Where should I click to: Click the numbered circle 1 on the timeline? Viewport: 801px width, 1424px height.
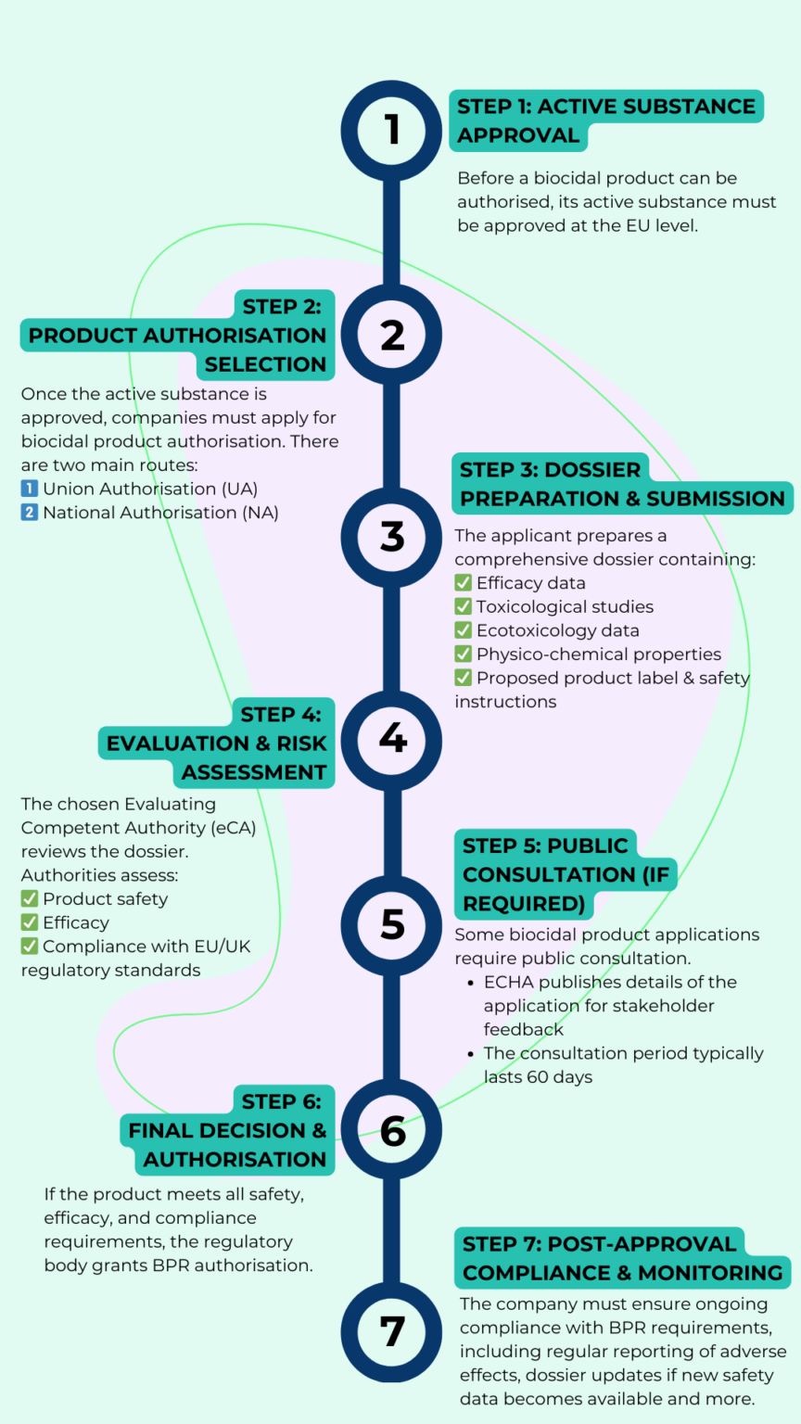pyautogui.click(x=391, y=130)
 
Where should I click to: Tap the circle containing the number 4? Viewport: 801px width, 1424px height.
pyautogui.click(x=391, y=739)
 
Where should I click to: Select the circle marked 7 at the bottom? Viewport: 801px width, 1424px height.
pyautogui.click(x=391, y=1331)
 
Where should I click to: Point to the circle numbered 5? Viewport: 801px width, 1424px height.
pyautogui.click(x=391, y=924)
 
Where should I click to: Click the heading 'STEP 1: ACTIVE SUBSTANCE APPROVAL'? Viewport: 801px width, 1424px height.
pyautogui.click(x=606, y=121)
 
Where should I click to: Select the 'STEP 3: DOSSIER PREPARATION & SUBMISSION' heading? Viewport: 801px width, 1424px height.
pyautogui.click(x=621, y=484)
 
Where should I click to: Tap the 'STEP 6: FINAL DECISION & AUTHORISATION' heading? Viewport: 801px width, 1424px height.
pyautogui.click(x=228, y=1130)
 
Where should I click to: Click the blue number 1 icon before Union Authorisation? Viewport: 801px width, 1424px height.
pyautogui.click(x=30, y=489)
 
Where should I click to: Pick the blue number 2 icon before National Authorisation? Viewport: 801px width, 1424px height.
pyautogui.click(x=30, y=513)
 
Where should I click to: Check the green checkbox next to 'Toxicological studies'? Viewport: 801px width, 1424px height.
pyautogui.click(x=464, y=607)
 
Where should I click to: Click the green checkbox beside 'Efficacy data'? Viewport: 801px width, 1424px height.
pyautogui.click(x=464, y=583)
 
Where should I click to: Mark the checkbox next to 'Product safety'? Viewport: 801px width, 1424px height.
pyautogui.click(x=30, y=899)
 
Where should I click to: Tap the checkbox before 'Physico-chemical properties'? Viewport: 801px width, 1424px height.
pyautogui.click(x=464, y=655)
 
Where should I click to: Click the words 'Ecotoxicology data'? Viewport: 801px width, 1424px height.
pyautogui.click(x=557, y=630)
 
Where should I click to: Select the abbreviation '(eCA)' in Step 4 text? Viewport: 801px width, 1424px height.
pyautogui.click(x=233, y=828)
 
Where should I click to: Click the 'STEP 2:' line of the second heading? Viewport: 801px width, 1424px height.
pyautogui.click(x=282, y=307)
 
